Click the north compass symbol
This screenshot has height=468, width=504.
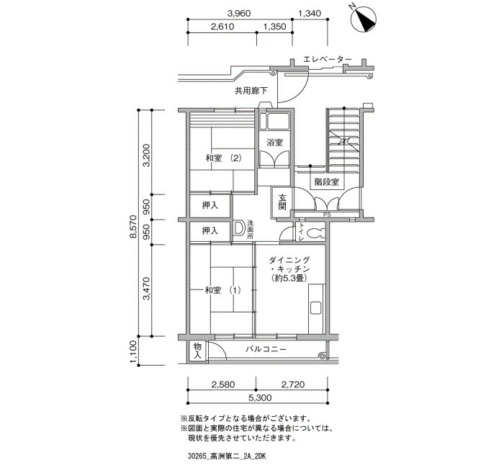click(x=364, y=19)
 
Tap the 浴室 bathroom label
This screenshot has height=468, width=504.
click(x=275, y=143)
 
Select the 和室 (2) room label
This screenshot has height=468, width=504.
click(x=223, y=158)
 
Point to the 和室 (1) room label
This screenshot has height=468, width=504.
click(x=222, y=290)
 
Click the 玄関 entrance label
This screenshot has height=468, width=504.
click(x=282, y=202)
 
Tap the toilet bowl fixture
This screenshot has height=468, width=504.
click(x=314, y=233)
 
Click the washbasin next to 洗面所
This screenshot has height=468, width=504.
click(x=239, y=228)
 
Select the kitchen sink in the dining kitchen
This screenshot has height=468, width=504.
click(x=315, y=308)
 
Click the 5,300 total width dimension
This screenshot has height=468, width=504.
click(x=260, y=397)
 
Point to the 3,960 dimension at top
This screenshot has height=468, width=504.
click(x=239, y=14)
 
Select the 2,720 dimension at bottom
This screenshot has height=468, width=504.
click(x=293, y=384)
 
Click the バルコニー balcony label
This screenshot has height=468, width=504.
click(x=266, y=349)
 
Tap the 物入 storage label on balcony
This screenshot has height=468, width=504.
click(x=197, y=351)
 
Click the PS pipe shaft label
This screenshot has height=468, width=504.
click(x=327, y=215)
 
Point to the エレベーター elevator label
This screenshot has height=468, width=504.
click(x=328, y=60)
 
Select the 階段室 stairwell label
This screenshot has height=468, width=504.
click(x=327, y=182)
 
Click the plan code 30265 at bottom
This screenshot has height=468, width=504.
click(x=197, y=456)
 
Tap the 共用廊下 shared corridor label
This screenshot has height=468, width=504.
click(x=251, y=91)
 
